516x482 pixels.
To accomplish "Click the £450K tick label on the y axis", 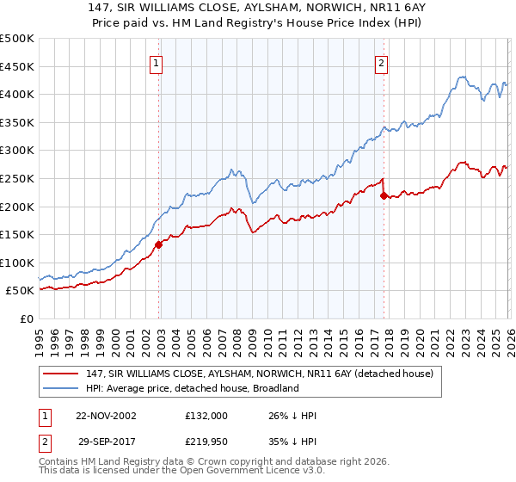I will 17,66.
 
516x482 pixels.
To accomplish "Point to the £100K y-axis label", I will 17,263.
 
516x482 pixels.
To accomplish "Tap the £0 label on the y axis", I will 26,318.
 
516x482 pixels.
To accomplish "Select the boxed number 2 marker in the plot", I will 381,62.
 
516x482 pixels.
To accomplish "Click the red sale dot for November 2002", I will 159,244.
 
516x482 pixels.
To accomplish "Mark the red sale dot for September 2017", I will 384,195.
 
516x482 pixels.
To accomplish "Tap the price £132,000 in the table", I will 206,416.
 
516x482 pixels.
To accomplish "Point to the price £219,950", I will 206,443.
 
